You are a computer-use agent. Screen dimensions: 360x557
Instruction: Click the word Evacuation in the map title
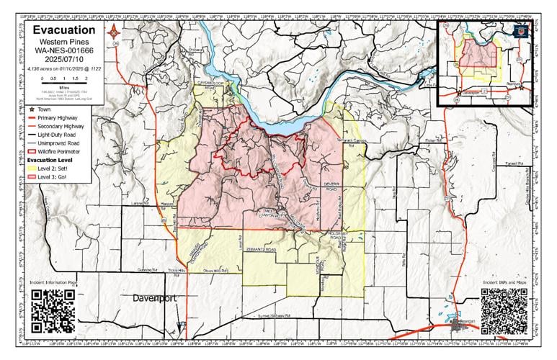point(64,30)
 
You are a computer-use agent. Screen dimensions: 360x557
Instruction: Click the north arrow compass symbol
point(115,31)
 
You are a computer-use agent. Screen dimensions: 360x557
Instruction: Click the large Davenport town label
point(159,297)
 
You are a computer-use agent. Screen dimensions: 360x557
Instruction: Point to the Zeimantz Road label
point(259,248)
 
